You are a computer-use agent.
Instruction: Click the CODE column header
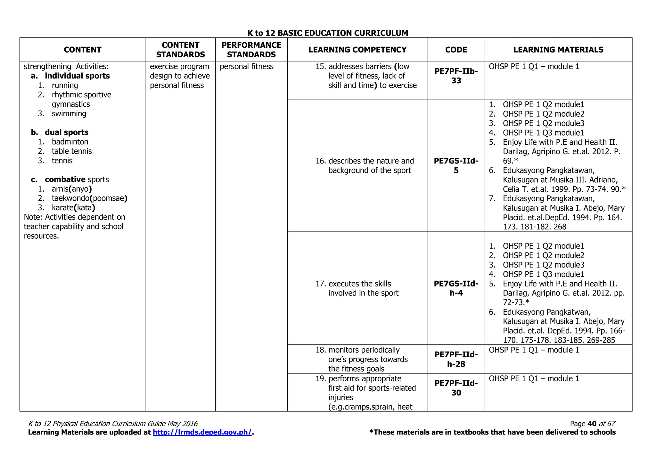coord(456,50)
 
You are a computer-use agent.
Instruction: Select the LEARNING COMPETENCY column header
coord(357,50)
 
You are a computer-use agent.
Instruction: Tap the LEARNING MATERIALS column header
coord(558,50)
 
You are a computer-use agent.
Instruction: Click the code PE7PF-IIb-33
coord(456,76)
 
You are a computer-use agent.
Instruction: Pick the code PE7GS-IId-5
coord(456,165)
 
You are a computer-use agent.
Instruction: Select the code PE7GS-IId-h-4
coord(456,288)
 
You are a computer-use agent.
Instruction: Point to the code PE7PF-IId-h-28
coord(456,359)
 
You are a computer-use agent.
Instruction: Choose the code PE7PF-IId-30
coord(456,388)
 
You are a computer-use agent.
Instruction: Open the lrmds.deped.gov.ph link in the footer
coord(202,432)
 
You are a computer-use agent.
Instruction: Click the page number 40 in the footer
coord(592,424)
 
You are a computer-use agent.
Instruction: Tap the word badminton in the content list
coord(70,142)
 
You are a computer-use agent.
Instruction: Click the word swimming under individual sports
coord(69,113)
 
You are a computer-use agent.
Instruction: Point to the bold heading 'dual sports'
coord(66,132)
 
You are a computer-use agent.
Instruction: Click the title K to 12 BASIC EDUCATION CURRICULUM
coord(328,33)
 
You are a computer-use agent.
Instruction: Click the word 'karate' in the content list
coord(62,208)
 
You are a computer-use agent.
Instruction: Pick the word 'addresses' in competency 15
coord(344,66)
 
